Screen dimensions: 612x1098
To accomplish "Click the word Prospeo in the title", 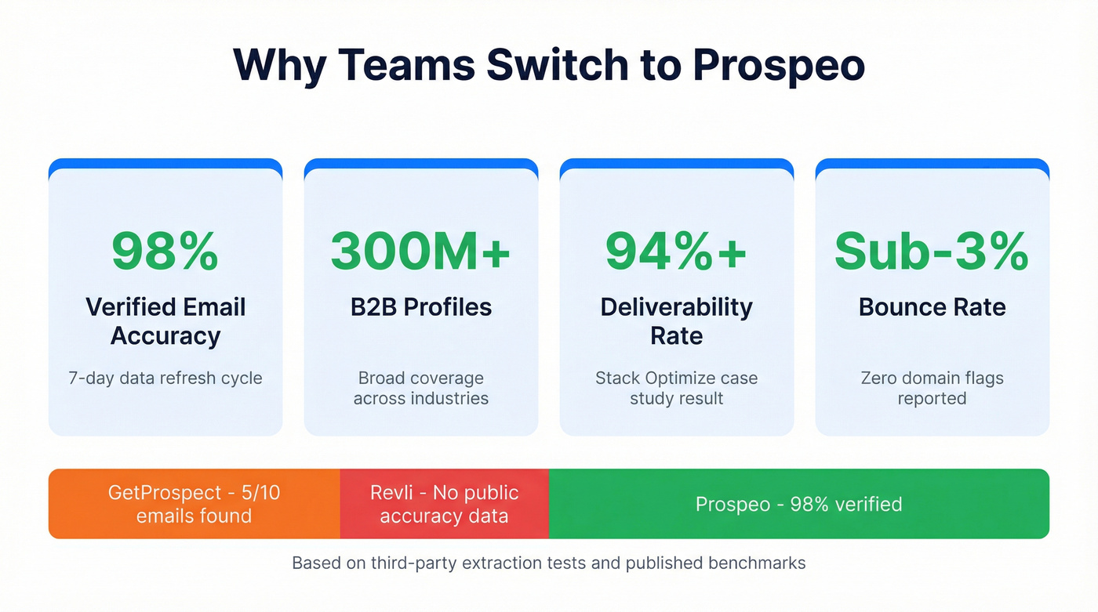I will [779, 65].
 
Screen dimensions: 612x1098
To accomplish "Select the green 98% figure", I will [165, 251].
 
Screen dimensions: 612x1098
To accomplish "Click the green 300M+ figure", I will [420, 251].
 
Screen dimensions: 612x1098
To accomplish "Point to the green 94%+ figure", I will [676, 251].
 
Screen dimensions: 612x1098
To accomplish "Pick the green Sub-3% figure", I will [932, 251].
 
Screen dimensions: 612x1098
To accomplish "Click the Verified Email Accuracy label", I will [165, 321].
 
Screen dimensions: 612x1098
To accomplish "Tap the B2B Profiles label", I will [420, 307].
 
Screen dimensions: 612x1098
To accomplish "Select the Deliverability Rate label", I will [676, 321].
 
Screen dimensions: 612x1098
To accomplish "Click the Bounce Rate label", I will [932, 307].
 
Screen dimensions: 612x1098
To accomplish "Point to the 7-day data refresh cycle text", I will [165, 378].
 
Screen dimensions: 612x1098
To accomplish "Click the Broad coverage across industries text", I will [420, 388].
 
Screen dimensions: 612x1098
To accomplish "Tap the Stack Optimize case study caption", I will [676, 388].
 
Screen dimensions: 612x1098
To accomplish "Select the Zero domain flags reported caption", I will [932, 388].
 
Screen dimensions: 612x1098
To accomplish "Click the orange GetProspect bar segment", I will [194, 504].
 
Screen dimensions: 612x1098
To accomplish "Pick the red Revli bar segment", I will [444, 504].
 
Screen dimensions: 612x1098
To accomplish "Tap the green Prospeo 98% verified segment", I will [798, 504].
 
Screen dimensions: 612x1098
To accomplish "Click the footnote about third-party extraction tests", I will [548, 563].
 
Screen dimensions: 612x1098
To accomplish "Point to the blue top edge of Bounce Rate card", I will [932, 163].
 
